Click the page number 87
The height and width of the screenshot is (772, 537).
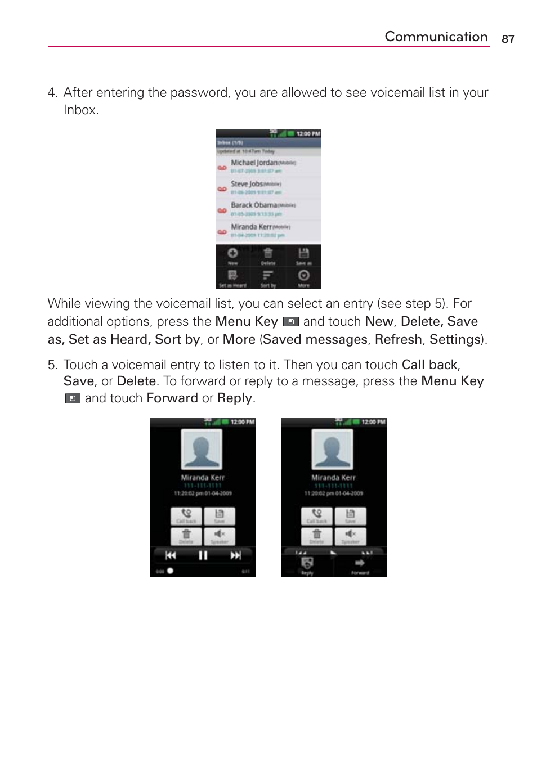[508, 39]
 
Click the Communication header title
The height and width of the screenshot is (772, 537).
[436, 37]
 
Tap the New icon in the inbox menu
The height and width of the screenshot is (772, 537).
[232, 254]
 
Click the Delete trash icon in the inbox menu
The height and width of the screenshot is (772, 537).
[268, 254]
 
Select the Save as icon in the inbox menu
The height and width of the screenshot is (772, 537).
[303, 254]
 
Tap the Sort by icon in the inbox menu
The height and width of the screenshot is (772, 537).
[268, 276]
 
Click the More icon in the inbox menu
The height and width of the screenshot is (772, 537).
[303, 276]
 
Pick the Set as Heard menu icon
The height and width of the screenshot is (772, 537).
[232, 276]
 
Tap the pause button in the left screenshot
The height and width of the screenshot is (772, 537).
[203, 555]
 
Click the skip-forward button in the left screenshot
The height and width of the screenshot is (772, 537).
[235, 555]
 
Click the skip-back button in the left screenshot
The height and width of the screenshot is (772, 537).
[171, 555]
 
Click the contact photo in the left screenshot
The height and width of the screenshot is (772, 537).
[202, 449]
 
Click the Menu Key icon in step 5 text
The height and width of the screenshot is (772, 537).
[72, 398]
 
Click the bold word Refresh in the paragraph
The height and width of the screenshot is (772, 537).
[398, 339]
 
